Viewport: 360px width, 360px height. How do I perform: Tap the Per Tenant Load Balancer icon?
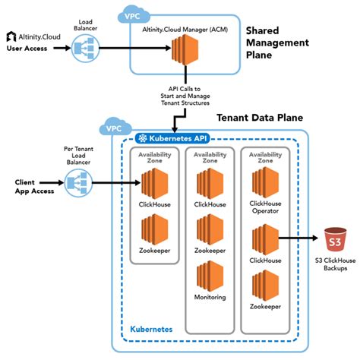click(76, 182)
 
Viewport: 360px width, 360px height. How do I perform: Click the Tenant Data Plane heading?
click(259, 118)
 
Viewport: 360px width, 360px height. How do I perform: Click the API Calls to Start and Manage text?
click(182, 93)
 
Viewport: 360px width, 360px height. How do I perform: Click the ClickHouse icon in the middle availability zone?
click(210, 183)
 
